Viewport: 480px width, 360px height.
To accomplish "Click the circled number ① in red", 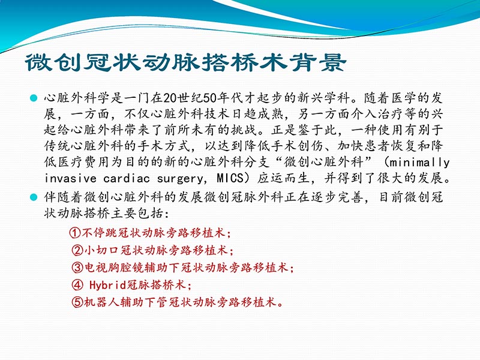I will pyautogui.click(x=75, y=232).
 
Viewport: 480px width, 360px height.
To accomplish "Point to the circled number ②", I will pyautogui.click(x=77, y=250).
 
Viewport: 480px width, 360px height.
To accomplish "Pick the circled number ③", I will pyautogui.click(x=77, y=267).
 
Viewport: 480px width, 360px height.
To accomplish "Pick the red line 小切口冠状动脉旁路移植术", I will pyautogui.click(x=158, y=250).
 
